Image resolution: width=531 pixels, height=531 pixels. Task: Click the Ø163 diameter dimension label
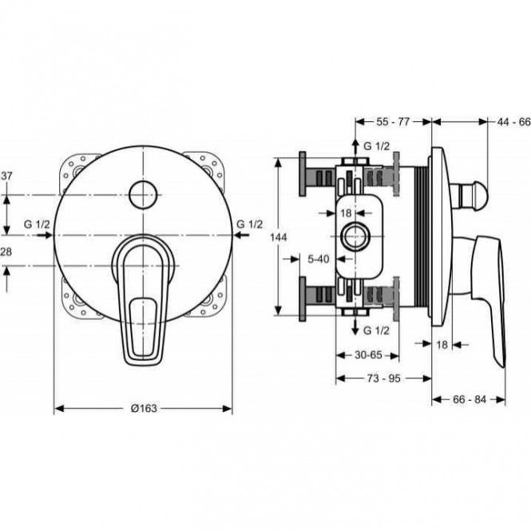(x=144, y=408)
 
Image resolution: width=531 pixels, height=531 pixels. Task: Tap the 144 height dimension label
(x=279, y=237)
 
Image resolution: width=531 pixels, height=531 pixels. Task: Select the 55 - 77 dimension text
(x=393, y=121)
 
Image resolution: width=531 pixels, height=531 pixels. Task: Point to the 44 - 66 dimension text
(x=513, y=122)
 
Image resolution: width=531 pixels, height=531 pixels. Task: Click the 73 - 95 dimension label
(x=384, y=378)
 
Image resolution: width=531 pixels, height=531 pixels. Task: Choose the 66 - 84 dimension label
(x=470, y=399)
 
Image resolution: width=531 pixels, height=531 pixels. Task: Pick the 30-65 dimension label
(x=368, y=355)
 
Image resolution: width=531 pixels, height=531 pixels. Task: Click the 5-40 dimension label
(x=318, y=259)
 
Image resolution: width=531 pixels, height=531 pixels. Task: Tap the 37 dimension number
(x=6, y=176)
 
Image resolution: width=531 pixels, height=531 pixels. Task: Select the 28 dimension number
(x=6, y=252)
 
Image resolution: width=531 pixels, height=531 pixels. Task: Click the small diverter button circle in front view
(x=143, y=195)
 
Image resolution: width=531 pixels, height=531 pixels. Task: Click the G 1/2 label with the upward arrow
(x=376, y=146)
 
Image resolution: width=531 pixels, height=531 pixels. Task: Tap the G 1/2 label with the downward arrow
(x=376, y=331)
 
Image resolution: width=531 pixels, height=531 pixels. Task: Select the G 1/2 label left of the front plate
(x=37, y=224)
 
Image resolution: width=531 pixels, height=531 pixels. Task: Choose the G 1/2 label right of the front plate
(x=249, y=224)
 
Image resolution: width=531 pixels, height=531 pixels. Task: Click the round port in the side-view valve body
(x=355, y=236)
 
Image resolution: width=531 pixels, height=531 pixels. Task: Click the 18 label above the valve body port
(x=346, y=213)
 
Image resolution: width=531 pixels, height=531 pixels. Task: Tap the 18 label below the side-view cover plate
(x=442, y=345)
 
